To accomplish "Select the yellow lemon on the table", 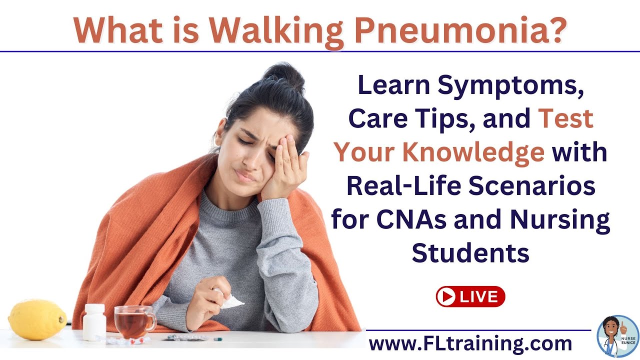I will coord(37,319).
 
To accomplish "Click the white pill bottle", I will coord(94,322).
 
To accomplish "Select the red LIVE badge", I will coord(470,296).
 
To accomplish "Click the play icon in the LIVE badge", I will coord(446,296).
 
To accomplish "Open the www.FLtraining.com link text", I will coord(470,343).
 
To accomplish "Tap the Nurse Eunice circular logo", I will coord(617,335).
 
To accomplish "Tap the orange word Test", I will coord(566,119).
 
